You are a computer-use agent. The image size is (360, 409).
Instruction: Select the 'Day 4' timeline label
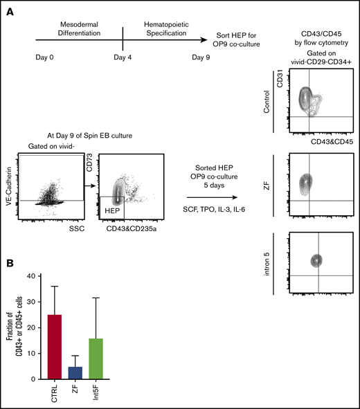coord(123,58)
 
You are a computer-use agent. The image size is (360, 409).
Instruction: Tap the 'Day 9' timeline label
coord(202,58)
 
